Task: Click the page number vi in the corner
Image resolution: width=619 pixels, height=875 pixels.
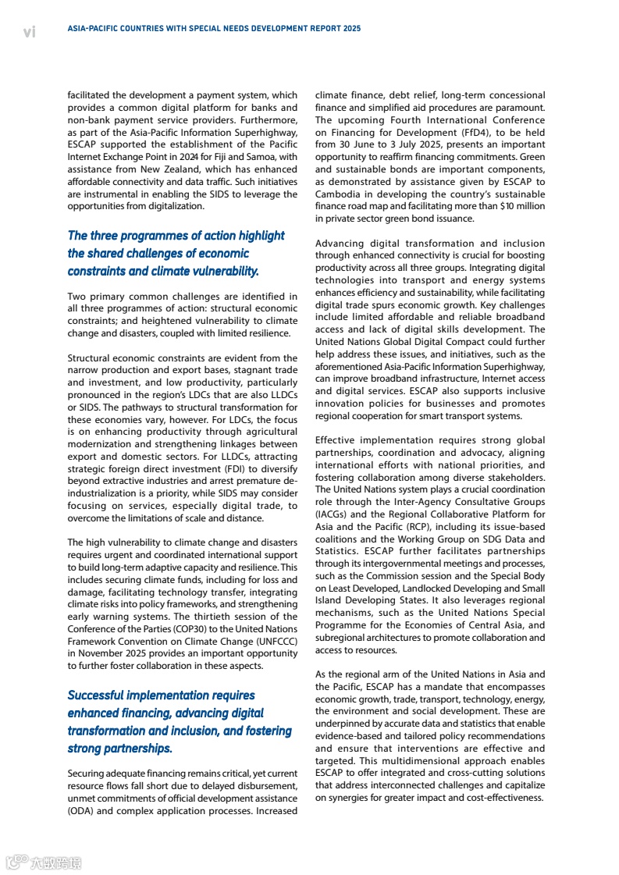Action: pos(30,31)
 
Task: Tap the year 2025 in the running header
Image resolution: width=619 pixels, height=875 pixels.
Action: pos(351,28)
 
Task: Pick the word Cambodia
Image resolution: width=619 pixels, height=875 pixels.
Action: pos(341,194)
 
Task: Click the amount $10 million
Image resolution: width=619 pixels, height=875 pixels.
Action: pos(522,206)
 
